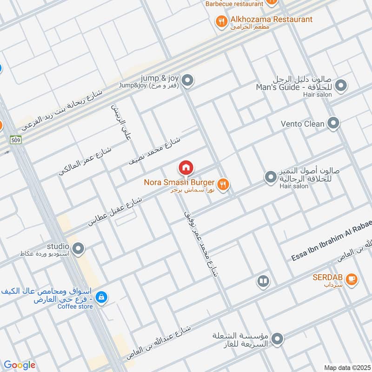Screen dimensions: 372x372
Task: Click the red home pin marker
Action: tap(186, 167)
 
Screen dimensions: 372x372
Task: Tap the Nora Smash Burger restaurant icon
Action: tap(224, 185)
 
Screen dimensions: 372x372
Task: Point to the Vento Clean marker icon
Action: tap(333, 124)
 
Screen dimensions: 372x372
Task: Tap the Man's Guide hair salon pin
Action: tap(341, 86)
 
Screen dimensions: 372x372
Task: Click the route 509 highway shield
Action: tap(14, 139)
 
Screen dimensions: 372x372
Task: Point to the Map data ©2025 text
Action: tap(346, 367)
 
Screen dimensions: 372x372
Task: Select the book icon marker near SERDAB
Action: tap(263, 281)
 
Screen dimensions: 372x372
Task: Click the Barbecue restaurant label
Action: tap(234, 4)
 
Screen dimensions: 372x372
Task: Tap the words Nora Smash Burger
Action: tap(179, 182)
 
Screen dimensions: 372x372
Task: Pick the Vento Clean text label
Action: tap(303, 124)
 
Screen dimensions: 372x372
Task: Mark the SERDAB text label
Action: tap(327, 277)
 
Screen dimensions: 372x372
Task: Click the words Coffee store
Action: tap(75, 306)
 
